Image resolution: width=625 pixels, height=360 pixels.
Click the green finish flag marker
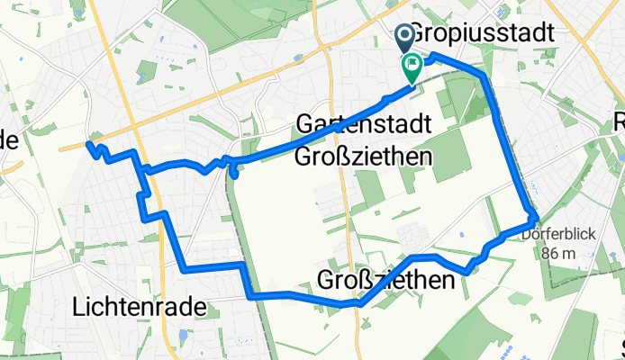(413, 67)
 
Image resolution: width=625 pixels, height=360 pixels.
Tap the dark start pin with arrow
(403, 38)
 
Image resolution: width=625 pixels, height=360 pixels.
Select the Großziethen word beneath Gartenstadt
(363, 156)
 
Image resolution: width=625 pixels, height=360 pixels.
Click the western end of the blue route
(88, 144)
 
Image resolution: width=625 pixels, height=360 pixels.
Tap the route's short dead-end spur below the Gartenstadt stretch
(234, 174)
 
